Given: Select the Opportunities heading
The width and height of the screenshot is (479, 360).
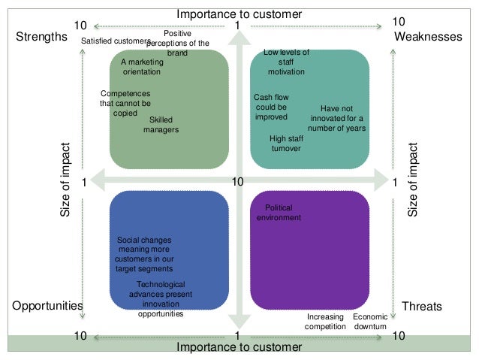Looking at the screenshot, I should [47, 306].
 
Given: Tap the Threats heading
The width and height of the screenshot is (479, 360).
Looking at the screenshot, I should [422, 306].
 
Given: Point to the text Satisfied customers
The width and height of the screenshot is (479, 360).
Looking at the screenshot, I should [116, 41].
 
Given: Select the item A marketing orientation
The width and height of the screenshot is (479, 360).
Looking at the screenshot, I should [141, 68].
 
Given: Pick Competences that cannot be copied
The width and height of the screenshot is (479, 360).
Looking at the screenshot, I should [125, 103].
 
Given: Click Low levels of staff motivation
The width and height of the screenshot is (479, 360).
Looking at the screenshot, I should [286, 62].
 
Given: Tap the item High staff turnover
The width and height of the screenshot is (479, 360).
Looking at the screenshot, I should [285, 144].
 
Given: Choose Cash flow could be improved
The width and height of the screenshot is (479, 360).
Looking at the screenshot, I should [271, 107].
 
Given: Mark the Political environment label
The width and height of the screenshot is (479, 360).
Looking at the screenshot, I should [279, 213].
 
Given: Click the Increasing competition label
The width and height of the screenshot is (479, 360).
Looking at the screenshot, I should [325, 322].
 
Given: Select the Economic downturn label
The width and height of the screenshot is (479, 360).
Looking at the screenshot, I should [370, 322].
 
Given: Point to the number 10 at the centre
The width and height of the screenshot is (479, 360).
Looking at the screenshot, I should [238, 182].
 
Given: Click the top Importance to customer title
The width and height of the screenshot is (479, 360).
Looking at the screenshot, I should [239, 14].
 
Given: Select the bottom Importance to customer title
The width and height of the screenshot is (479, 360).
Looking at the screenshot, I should [239, 346].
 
